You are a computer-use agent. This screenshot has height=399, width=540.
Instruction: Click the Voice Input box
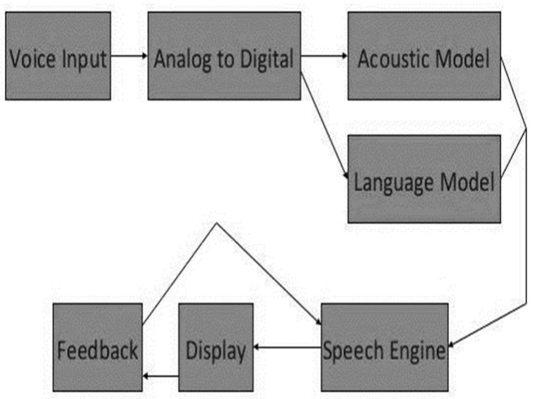[58, 56]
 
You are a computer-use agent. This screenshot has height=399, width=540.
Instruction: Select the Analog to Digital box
[224, 56]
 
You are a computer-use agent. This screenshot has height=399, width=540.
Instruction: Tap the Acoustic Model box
[423, 56]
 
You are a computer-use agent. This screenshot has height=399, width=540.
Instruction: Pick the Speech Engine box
[385, 347]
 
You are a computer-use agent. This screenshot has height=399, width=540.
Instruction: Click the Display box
[216, 347]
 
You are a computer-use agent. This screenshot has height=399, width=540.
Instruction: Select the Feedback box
[98, 347]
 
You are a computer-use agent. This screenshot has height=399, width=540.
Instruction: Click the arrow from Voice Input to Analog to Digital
[129, 56]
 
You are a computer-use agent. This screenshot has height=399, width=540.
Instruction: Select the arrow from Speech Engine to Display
[287, 347]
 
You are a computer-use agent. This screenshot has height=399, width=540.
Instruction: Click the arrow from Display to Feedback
[160, 375]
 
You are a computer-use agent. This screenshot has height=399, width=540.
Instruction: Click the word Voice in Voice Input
[30, 58]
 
